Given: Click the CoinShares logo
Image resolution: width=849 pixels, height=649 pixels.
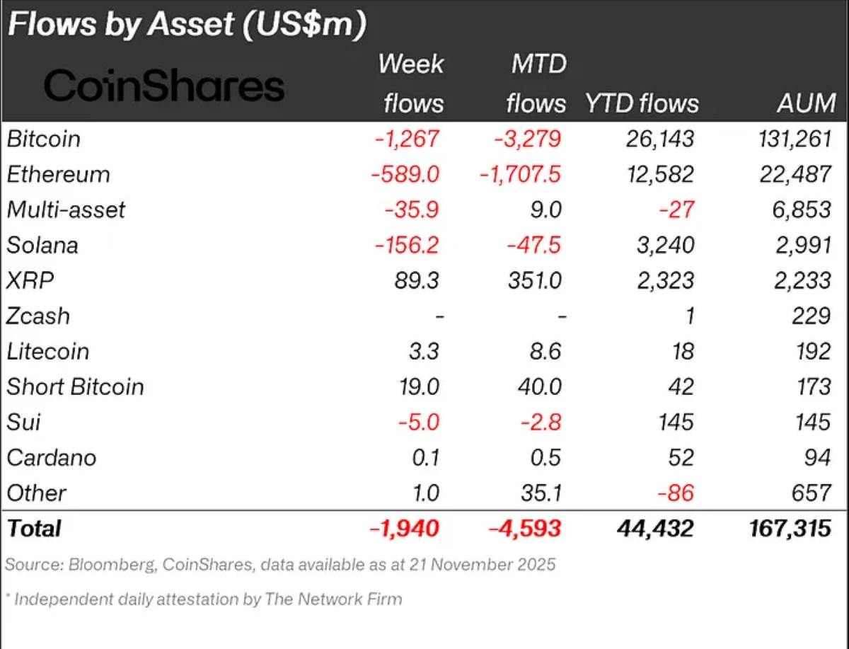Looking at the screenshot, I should point(164,86).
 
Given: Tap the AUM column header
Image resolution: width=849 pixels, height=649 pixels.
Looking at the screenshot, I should point(806,103).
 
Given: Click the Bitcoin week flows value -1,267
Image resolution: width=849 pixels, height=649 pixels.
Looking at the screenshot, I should point(406,139).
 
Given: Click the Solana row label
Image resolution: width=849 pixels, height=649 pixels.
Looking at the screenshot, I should point(42,245).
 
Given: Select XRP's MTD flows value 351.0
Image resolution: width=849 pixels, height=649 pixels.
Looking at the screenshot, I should point(534,280).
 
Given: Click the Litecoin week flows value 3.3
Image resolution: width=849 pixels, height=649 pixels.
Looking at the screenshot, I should point(425,351).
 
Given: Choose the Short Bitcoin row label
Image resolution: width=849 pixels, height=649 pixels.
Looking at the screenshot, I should point(75,386).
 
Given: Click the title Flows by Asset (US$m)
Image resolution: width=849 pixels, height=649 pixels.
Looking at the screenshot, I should point(186,25).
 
